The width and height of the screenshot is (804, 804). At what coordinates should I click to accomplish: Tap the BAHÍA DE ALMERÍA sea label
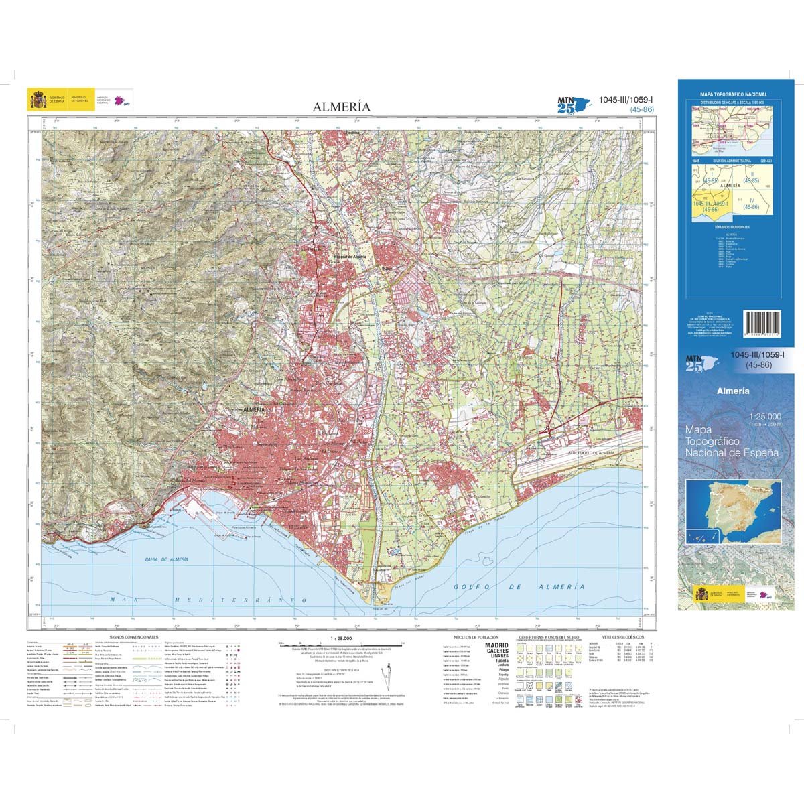(x=165, y=559)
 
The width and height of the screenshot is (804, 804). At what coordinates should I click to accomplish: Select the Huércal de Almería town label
(x=348, y=257)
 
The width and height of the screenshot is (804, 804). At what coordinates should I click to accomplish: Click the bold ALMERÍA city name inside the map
(x=255, y=409)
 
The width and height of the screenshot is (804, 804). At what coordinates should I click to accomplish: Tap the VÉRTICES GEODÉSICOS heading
(x=622, y=636)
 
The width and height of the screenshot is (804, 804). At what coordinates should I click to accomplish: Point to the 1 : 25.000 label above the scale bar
(x=341, y=636)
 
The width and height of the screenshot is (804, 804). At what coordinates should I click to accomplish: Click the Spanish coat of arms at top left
(x=37, y=100)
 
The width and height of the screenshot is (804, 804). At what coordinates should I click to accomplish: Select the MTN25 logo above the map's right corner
(x=572, y=104)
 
